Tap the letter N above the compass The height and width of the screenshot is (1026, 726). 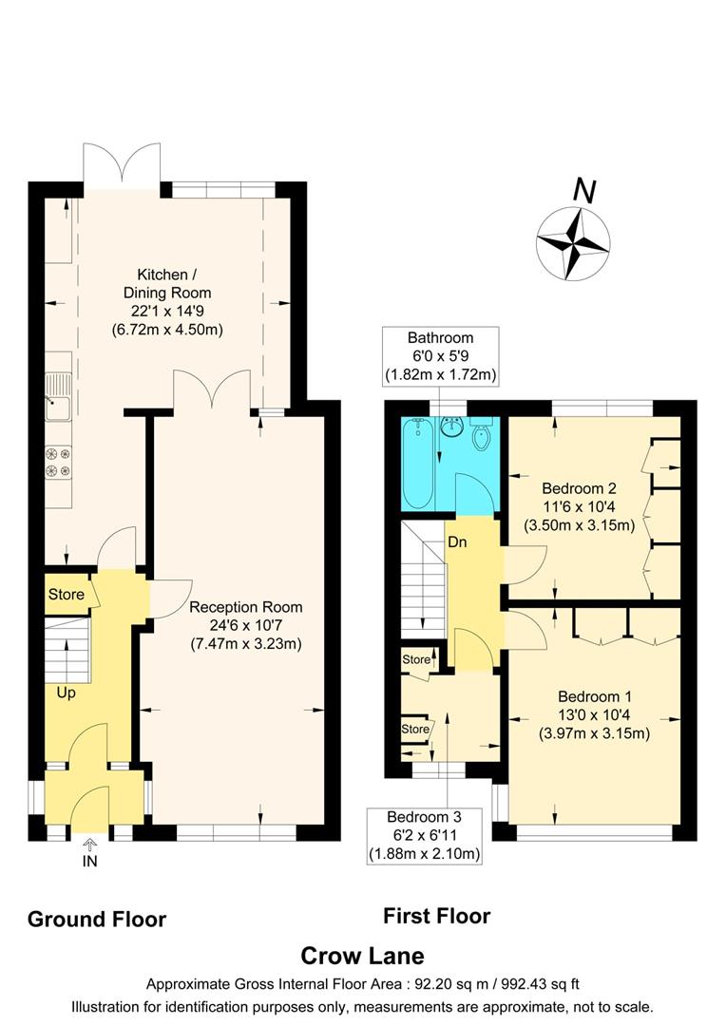pos(584,192)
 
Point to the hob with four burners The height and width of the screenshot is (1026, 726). pos(58,461)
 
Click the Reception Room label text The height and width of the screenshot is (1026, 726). pos(245,625)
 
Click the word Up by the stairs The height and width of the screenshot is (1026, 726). pos(66,693)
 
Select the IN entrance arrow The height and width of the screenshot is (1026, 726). pos(90,852)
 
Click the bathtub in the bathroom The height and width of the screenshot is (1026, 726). pos(418,465)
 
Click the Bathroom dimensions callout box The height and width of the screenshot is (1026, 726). pos(440,356)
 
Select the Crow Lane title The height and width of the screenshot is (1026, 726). pos(362,955)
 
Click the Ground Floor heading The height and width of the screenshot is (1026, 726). pos(97,919)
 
